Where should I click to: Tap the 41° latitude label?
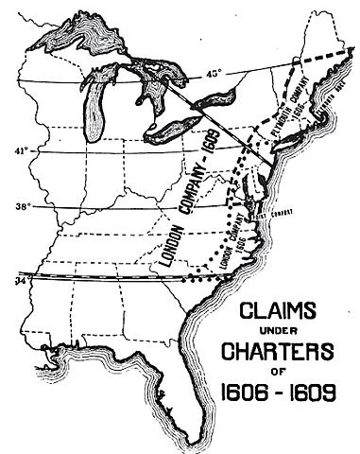(x=17, y=149)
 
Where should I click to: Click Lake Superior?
(x=90, y=47)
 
